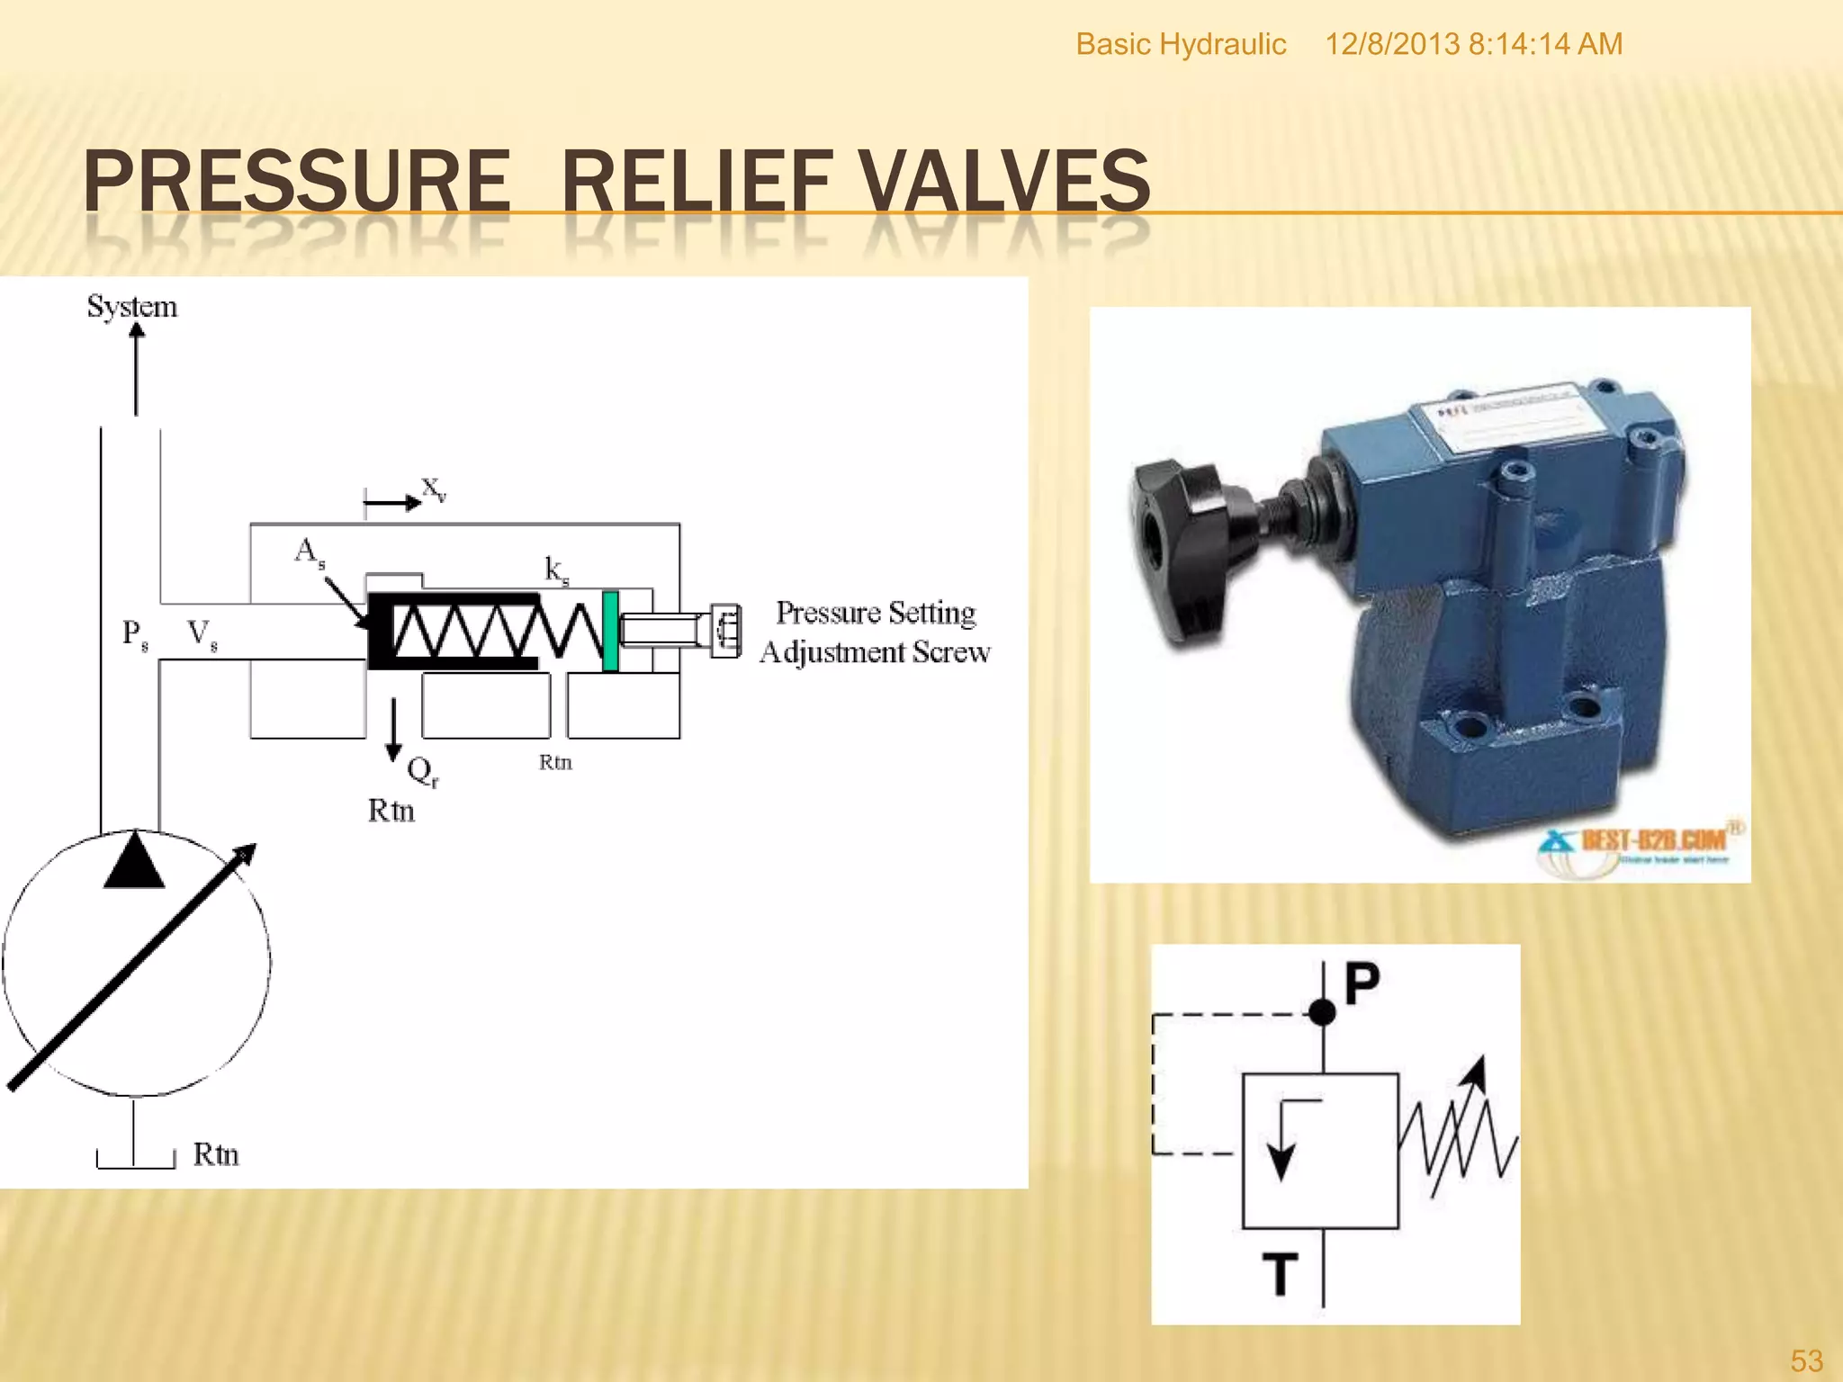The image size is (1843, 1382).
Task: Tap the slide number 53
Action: pyautogui.click(x=1806, y=1360)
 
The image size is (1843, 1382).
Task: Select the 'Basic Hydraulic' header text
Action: pyautogui.click(x=1181, y=44)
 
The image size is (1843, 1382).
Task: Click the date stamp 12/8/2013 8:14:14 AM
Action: pyautogui.click(x=1473, y=44)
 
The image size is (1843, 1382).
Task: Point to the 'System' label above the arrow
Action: pyautogui.click(x=132, y=307)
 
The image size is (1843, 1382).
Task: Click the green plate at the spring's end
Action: pyautogui.click(x=610, y=631)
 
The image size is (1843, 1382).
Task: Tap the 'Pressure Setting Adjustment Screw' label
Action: pyautogui.click(x=875, y=632)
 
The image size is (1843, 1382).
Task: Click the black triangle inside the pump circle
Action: pyautogui.click(x=134, y=861)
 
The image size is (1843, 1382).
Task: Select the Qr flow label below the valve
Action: pyautogui.click(x=421, y=771)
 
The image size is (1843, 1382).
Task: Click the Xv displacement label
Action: pyautogui.click(x=434, y=489)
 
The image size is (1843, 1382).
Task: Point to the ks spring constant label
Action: pyautogui.click(x=556, y=570)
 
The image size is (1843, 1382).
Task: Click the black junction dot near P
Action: pyautogui.click(x=1322, y=1013)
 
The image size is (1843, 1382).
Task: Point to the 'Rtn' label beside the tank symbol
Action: pyautogui.click(x=216, y=1154)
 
